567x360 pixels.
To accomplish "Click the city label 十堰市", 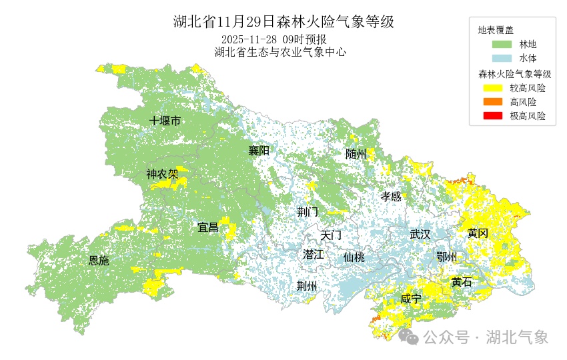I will click(165, 121).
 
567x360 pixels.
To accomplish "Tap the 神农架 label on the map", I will click(162, 175).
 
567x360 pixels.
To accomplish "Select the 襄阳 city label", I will click(259, 151).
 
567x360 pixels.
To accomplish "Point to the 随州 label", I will click(356, 154).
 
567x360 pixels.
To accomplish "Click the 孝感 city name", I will click(391, 197).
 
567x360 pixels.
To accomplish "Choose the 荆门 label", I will click(308, 212).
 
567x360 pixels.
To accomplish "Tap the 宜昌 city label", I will click(208, 227).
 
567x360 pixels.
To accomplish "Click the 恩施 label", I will click(99, 261).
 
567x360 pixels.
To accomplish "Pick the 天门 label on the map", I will click(331, 235).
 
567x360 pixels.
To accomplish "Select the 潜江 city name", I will click(313, 254).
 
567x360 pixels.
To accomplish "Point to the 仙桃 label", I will click(354, 257).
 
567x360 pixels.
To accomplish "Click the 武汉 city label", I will click(420, 234).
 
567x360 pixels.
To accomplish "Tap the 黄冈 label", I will click(478, 233).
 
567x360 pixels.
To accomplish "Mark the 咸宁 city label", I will click(411, 299).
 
